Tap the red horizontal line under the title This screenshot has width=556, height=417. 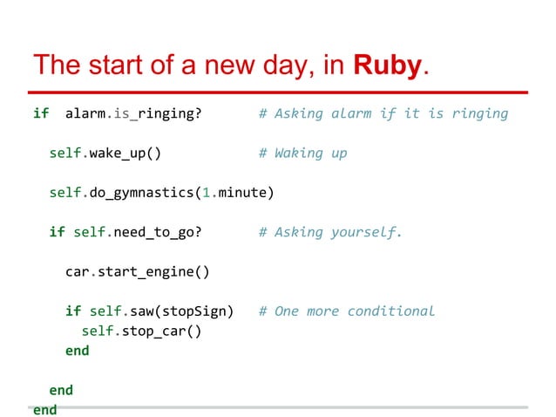coord(279,92)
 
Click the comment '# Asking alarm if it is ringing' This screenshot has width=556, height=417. coord(383,113)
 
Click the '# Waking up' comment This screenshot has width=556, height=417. coord(302,153)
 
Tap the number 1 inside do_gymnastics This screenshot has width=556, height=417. coord(206,192)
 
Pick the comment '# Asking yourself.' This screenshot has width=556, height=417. coord(330,232)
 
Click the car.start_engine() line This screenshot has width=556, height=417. coord(138,271)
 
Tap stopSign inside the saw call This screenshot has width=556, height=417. coord(201,311)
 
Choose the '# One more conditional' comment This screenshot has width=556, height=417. coord(346,311)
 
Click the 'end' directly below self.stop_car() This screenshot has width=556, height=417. coord(77,351)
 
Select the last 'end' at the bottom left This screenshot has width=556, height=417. coord(44,409)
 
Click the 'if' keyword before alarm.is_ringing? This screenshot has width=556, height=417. coord(40,113)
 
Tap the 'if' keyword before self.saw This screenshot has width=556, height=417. coord(72,311)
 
